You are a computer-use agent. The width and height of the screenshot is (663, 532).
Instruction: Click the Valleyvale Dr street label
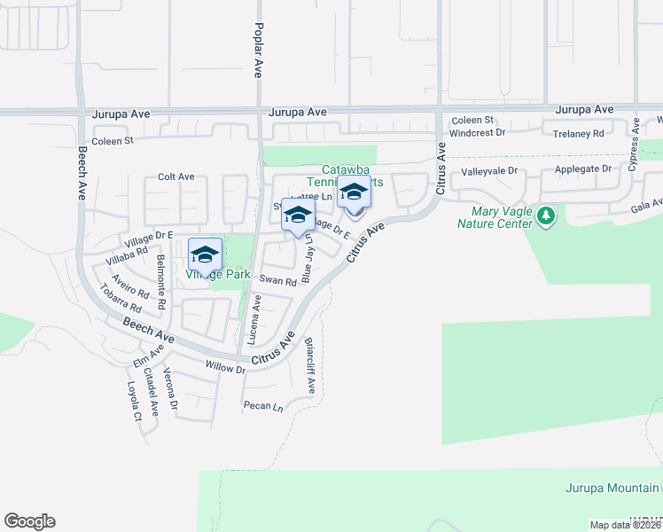(487, 172)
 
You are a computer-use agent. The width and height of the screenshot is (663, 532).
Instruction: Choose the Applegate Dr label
(583, 168)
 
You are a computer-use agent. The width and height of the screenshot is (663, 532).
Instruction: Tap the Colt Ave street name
(175, 177)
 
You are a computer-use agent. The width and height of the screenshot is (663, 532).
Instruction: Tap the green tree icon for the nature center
(546, 215)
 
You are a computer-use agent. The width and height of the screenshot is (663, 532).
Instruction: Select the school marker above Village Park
(205, 254)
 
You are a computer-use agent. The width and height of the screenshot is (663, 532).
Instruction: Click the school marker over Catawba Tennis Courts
(354, 193)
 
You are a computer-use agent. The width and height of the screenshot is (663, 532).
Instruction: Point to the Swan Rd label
(277, 280)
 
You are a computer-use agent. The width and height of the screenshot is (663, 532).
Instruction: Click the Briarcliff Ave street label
(309, 365)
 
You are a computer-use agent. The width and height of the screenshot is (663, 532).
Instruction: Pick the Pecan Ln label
(263, 407)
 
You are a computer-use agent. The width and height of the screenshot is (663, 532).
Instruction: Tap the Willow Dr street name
(225, 367)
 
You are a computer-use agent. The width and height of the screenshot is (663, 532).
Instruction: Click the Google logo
(29, 521)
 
